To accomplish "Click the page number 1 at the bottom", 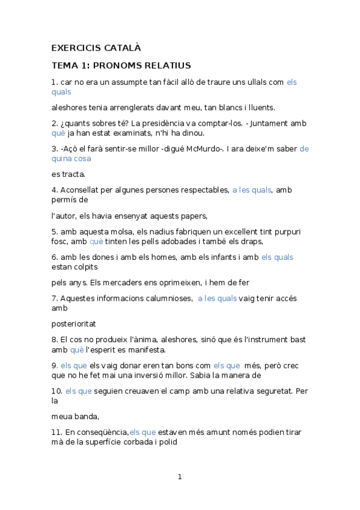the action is [x=179, y=477].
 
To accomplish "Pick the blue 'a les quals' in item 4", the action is [x=252, y=189].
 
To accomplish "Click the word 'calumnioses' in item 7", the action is [x=165, y=298].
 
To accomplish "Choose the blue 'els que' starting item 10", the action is [x=78, y=392].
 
